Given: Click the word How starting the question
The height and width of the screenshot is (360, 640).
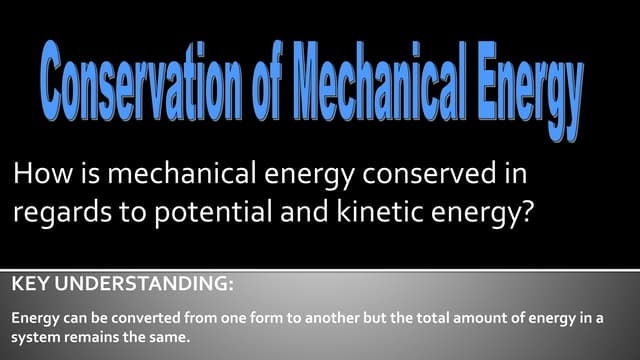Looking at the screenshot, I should (x=36, y=176).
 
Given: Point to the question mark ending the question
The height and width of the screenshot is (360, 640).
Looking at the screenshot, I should (x=541, y=215).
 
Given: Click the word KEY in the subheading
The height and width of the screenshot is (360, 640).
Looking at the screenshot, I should (x=31, y=285).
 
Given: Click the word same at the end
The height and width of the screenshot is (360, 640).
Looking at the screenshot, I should (x=171, y=337).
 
